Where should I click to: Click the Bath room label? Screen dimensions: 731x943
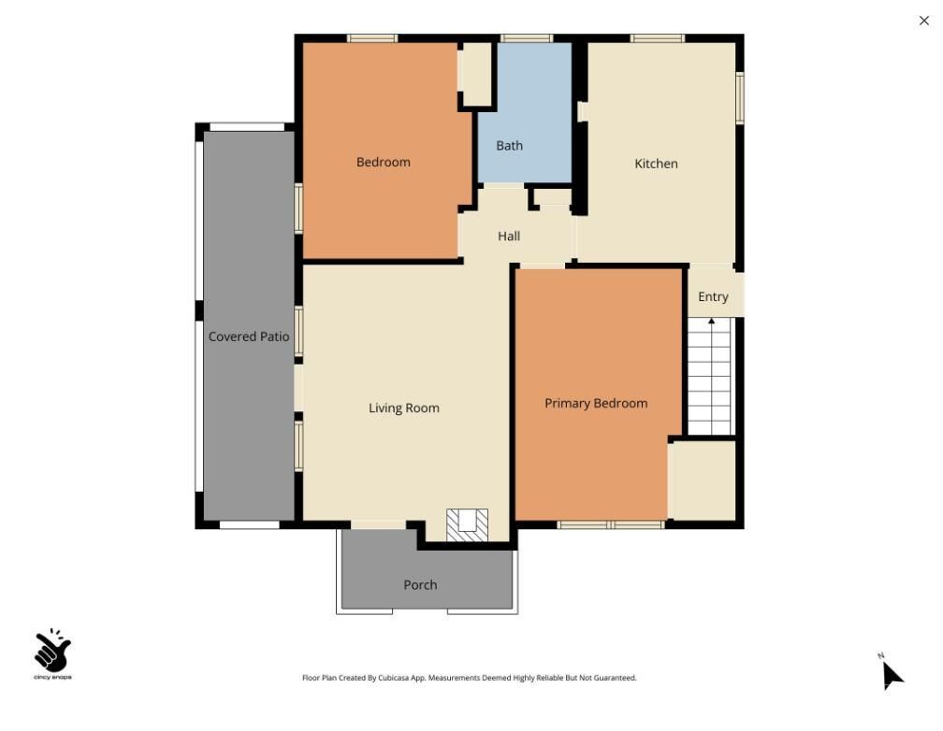pyautogui.click(x=509, y=146)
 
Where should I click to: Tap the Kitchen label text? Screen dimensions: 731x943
pyautogui.click(x=656, y=164)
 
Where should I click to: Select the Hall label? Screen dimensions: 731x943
pyautogui.click(x=509, y=236)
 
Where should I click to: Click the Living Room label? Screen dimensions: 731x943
pyautogui.click(x=403, y=408)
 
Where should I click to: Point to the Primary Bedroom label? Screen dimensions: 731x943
pyautogui.click(x=596, y=404)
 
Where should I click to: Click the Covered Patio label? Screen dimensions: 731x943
pyautogui.click(x=248, y=337)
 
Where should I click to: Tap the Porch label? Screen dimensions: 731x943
pyautogui.click(x=420, y=585)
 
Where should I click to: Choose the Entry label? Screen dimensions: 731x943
pyautogui.click(x=713, y=297)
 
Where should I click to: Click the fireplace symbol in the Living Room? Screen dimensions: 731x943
pyautogui.click(x=467, y=524)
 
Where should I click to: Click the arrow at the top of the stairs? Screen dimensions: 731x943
pyautogui.click(x=711, y=322)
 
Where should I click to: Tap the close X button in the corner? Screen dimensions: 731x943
pyautogui.click(x=924, y=21)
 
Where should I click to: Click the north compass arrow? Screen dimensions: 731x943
pyautogui.click(x=892, y=673)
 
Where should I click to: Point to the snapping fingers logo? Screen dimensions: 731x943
pyautogui.click(x=52, y=652)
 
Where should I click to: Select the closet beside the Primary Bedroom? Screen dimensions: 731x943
pyautogui.click(x=704, y=479)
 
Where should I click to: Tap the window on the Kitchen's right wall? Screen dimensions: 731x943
pyautogui.click(x=739, y=98)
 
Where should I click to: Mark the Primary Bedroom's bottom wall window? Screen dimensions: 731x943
pyautogui.click(x=610, y=524)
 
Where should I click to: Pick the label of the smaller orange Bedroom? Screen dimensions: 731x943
pyautogui.click(x=383, y=163)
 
